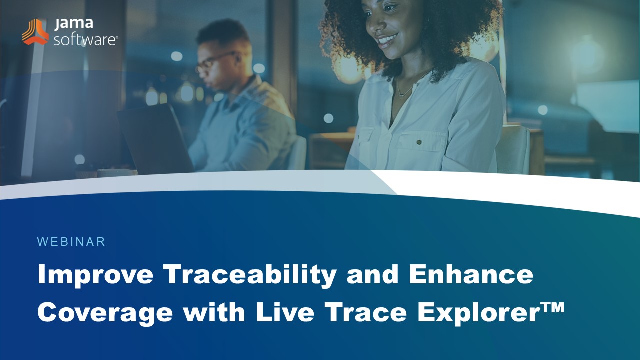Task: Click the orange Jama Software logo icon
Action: [35, 32]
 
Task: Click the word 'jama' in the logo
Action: [67, 24]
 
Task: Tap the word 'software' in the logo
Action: [85, 39]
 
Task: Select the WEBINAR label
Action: [71, 242]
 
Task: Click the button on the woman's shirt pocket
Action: [418, 142]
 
